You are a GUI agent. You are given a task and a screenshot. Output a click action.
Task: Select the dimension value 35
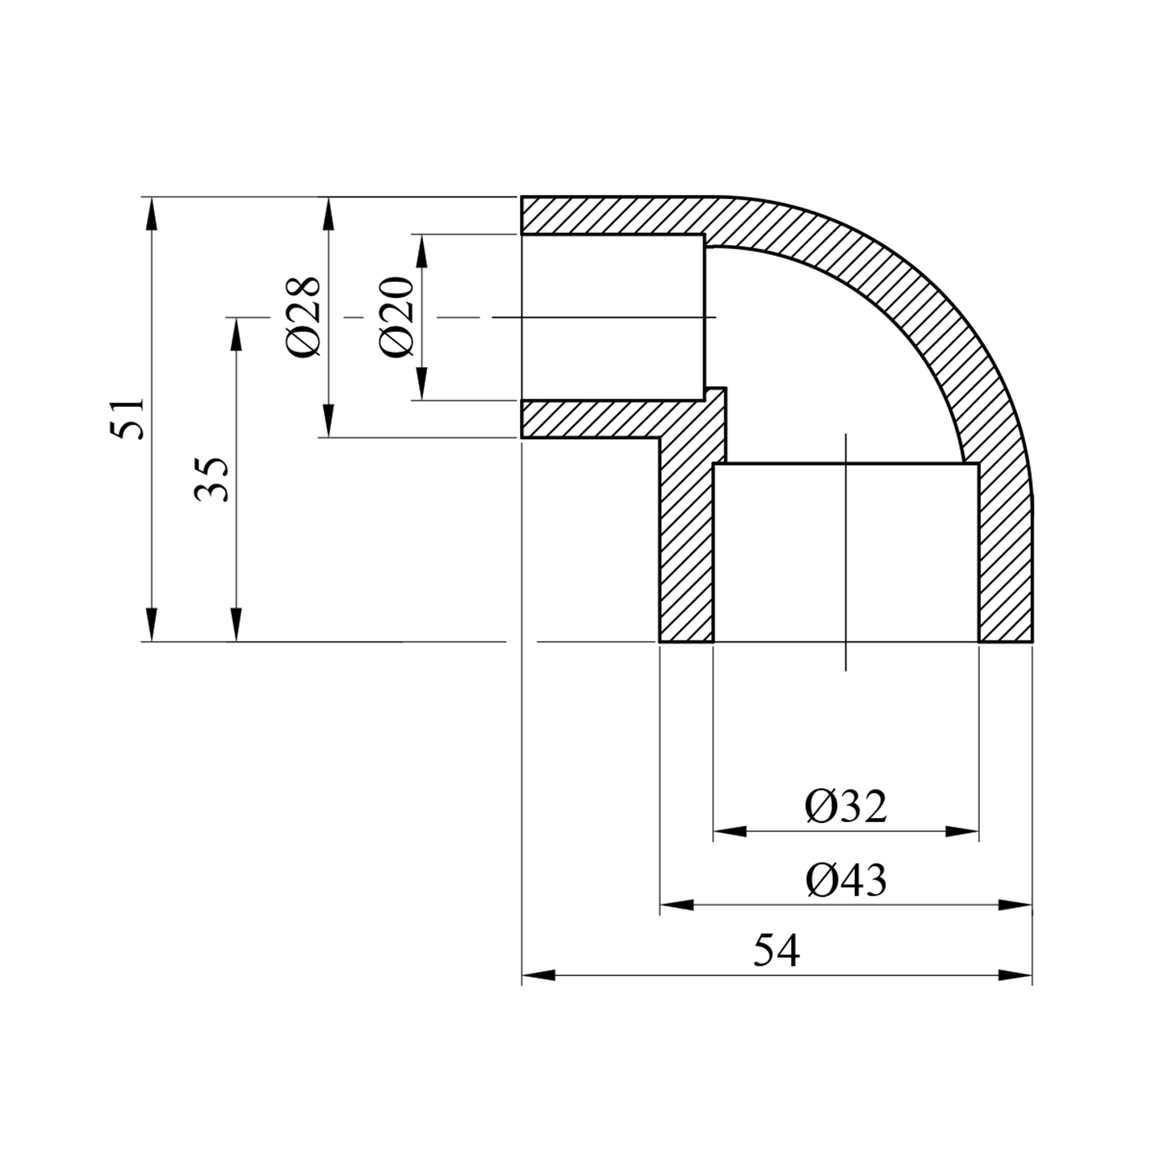(212, 479)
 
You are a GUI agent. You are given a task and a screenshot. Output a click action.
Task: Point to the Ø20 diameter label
(396, 317)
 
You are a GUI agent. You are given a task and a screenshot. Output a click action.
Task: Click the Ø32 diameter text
(846, 807)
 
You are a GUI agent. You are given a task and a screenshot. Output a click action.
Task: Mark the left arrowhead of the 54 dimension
(539, 975)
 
